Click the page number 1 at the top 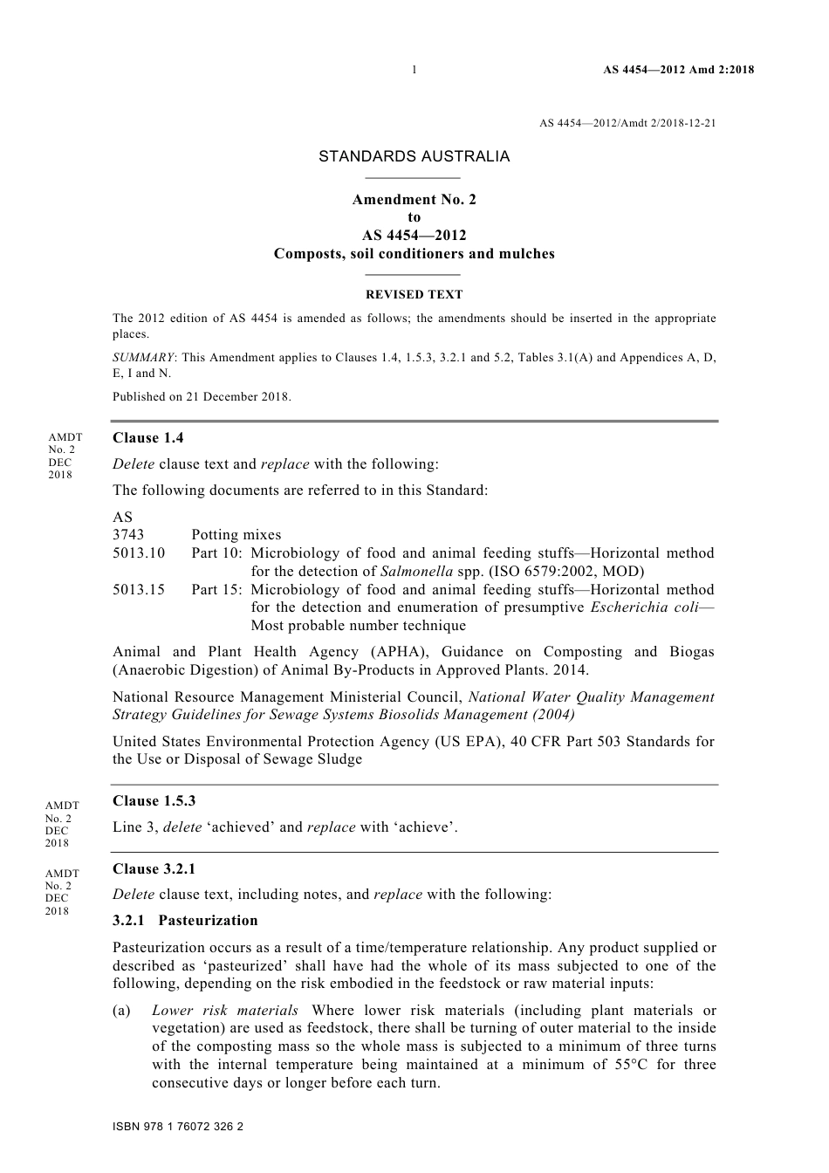tap(414, 70)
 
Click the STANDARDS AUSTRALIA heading tap(414, 157)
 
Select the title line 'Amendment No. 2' tap(414, 200)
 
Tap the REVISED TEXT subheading tap(414, 295)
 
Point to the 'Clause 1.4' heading tap(148, 438)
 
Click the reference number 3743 tap(128, 535)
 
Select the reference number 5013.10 tap(139, 553)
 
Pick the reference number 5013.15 tap(139, 590)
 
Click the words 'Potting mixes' tap(236, 535)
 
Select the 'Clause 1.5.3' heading tap(154, 801)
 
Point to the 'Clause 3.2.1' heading tap(154, 869)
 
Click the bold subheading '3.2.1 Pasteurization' tap(185, 921)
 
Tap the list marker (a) tap(122, 1011)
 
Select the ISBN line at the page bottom tap(178, 1127)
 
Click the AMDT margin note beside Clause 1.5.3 tap(62, 824)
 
